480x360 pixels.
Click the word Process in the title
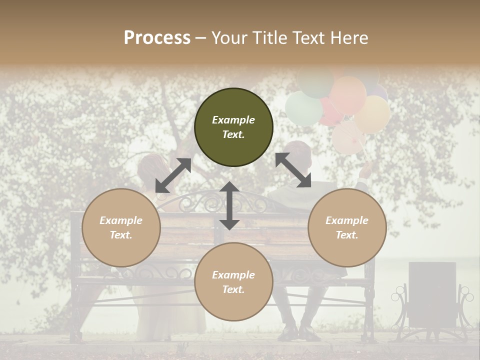click(157, 38)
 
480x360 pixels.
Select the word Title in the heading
click(271, 38)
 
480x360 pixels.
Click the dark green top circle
click(233, 127)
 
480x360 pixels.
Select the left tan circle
click(121, 227)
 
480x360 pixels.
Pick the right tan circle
click(347, 227)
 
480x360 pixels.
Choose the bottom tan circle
click(233, 282)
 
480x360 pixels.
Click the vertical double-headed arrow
click(229, 205)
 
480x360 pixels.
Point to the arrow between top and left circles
click(173, 175)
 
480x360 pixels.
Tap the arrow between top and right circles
click(293, 170)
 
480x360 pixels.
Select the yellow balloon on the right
click(372, 114)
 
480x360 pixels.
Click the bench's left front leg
click(76, 320)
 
